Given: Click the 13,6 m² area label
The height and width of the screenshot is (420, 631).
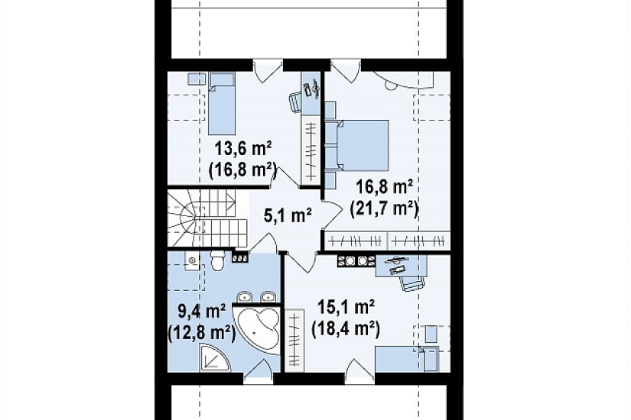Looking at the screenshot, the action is (x=242, y=149).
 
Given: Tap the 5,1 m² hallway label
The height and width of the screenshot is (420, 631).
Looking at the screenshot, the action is (x=288, y=216).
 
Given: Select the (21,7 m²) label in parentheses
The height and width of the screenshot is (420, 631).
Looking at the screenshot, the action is (x=384, y=209).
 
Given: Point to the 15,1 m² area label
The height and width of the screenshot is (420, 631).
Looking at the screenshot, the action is (x=346, y=309).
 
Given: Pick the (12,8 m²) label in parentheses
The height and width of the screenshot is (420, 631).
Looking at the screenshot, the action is (x=201, y=333).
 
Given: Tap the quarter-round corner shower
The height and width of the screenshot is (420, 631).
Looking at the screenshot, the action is (x=215, y=357).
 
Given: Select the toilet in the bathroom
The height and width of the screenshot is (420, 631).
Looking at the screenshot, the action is (x=218, y=260).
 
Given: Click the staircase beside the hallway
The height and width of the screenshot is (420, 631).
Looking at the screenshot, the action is (x=207, y=219).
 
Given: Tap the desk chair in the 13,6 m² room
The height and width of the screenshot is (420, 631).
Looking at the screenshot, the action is (x=295, y=102).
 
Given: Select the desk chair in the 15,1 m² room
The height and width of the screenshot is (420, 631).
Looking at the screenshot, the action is (x=411, y=283).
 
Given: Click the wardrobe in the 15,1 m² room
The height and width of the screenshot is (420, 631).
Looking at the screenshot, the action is (x=294, y=340).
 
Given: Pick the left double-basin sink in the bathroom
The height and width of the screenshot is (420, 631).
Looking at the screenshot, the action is (x=245, y=297).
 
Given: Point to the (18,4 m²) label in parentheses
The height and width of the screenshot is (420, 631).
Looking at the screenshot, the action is (x=346, y=330).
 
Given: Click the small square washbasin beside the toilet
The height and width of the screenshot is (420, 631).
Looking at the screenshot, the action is (x=192, y=260).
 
